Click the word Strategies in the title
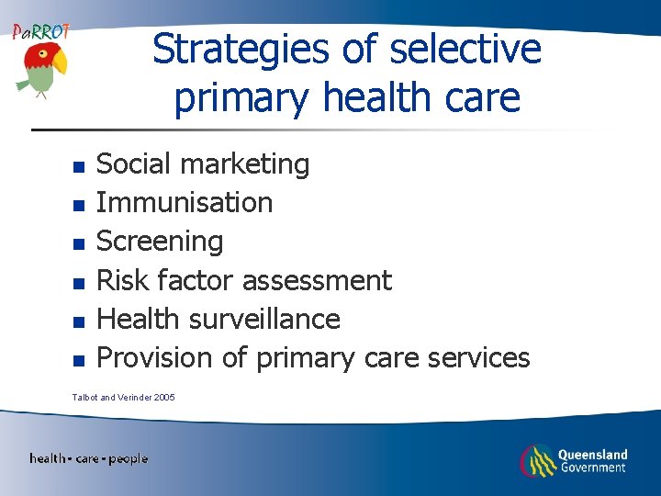click(x=241, y=50)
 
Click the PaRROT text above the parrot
click(x=40, y=31)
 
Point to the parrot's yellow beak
click(x=61, y=62)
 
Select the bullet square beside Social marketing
click(x=79, y=167)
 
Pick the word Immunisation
click(x=185, y=202)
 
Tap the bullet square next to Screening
click(x=79, y=244)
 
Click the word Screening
click(x=160, y=242)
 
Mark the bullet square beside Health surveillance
click(x=79, y=321)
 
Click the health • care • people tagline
click(x=89, y=458)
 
